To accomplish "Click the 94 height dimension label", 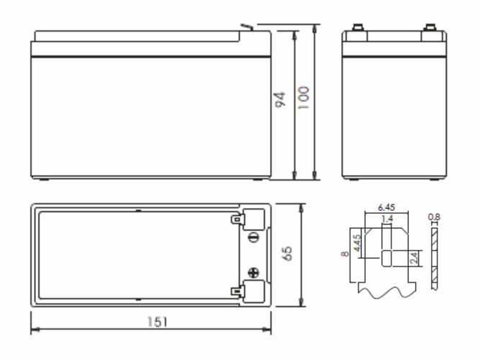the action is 281,99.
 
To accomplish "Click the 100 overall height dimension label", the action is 304,98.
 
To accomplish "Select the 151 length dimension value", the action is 158,322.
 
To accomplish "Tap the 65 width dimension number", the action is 287,253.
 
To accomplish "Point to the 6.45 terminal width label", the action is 386,207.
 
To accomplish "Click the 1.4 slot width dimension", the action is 387,219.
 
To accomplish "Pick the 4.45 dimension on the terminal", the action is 357,243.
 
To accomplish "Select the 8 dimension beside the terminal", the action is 345,253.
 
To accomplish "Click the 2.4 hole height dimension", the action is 414,258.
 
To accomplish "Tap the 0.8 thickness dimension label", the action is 434,217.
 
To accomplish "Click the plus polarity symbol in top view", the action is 253,272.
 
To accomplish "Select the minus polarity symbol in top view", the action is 253,237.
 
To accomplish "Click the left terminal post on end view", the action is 358,28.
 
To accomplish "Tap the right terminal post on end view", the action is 430,28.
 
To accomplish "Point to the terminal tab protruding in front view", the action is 247,27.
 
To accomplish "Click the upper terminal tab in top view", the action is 238,219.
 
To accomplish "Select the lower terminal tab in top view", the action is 238,292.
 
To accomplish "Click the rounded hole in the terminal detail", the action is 386,258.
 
